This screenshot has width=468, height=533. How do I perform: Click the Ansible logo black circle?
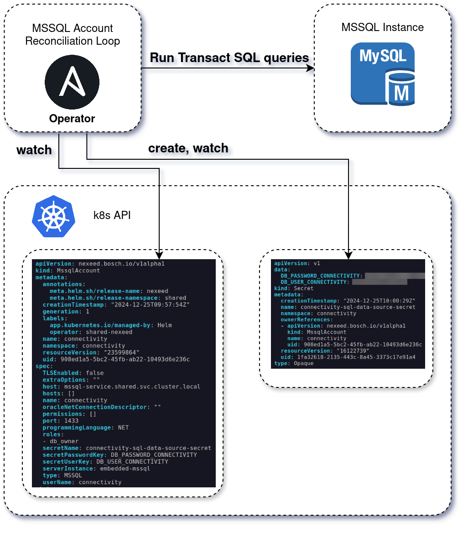coord(72,82)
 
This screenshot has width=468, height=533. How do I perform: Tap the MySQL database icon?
coord(382,74)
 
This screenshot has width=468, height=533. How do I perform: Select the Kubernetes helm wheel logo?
coord(53,216)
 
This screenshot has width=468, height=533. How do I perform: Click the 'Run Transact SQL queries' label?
coord(229,58)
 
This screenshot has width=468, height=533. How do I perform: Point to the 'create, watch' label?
coord(188,148)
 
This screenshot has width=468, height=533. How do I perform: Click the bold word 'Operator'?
coord(72,119)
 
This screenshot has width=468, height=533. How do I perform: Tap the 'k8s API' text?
coord(112,215)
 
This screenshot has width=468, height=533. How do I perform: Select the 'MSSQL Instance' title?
coord(382,27)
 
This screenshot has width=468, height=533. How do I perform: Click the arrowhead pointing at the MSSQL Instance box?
coord(311,68)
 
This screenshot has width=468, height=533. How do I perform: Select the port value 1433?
coord(72,421)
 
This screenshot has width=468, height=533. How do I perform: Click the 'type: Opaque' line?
coord(294,363)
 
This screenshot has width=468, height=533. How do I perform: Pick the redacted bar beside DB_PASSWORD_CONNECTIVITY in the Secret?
coord(395,276)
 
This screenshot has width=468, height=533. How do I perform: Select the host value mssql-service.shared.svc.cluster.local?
coord(132,387)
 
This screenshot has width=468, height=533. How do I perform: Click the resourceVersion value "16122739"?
coord(353,350)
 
